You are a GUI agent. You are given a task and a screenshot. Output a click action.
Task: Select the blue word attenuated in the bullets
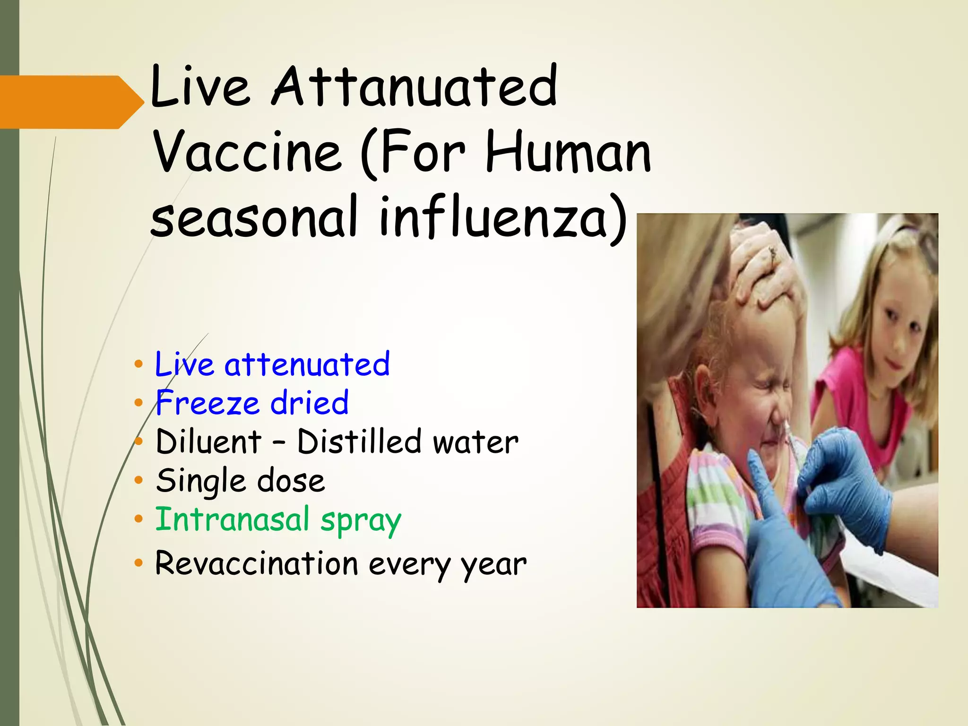coord(307,365)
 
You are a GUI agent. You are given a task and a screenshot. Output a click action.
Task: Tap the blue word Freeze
coord(207,404)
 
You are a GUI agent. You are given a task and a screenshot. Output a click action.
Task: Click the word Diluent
coord(208,442)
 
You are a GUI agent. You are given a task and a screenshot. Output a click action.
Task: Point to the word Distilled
coord(359,442)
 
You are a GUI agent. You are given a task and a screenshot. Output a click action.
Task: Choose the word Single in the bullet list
coord(200,481)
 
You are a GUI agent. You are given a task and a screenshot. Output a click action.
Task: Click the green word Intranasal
coord(232,520)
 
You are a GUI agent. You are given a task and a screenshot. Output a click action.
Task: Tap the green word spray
coord(361,522)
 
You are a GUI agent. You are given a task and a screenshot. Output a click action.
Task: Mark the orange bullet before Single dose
coord(138,481)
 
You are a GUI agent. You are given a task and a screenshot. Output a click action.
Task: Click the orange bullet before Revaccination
coord(138,563)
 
